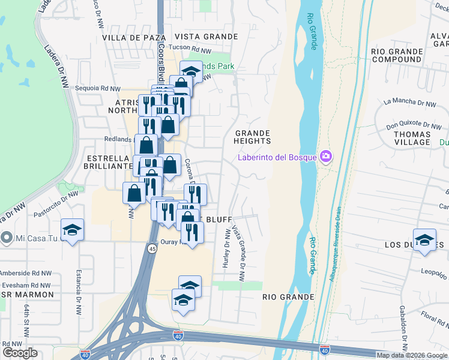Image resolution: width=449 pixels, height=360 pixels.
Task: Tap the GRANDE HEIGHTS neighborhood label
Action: pos(253,137)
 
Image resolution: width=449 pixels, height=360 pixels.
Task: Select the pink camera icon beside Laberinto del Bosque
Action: pos(326,157)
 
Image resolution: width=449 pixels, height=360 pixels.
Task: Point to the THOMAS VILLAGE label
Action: pos(412,138)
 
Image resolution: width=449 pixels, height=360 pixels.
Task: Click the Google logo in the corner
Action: pos(20,353)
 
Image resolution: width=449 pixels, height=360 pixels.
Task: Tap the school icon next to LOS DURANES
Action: pos(424,239)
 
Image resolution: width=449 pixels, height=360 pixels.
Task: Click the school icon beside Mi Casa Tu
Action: pos(72,230)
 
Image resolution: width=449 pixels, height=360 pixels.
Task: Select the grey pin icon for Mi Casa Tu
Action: pos(7,238)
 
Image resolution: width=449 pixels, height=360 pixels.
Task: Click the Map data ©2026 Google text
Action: pos(412,355)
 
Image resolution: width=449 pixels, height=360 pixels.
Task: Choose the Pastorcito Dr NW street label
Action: pos(60,199)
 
